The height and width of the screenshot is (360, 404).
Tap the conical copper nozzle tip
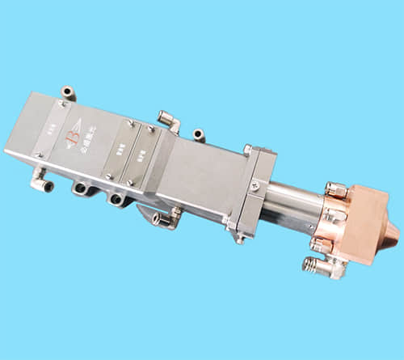coord(393,235)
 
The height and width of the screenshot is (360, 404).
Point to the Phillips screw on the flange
coord(256,184)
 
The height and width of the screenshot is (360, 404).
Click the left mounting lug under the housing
coord(81,188)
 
